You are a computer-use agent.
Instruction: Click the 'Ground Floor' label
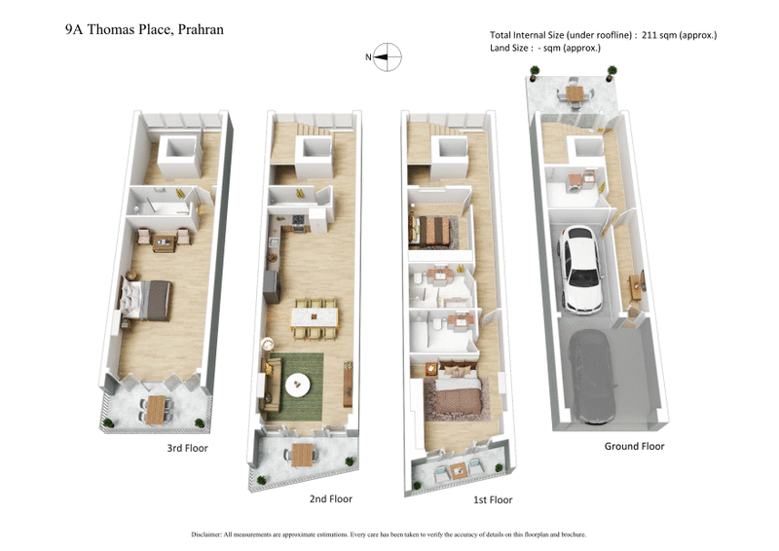(x=634, y=446)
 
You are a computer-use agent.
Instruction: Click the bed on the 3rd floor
(x=148, y=299)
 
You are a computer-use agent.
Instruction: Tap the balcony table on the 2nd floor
(x=303, y=454)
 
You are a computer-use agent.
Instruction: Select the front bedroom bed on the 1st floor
(x=453, y=397)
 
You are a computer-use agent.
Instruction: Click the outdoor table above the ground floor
(x=574, y=94)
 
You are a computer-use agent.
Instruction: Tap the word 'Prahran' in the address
(x=198, y=29)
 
